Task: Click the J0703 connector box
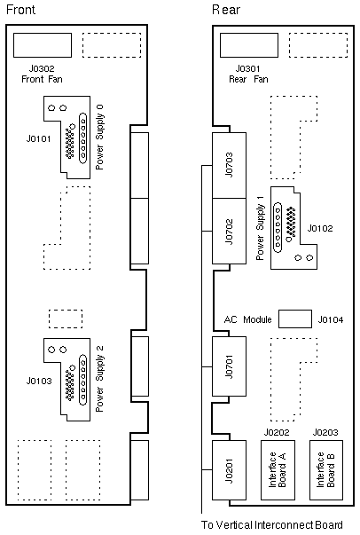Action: [229, 165]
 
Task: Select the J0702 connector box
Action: [229, 231]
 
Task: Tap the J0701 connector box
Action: [229, 366]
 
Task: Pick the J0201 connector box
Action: [229, 470]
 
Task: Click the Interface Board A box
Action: [278, 470]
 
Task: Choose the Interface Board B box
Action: [326, 470]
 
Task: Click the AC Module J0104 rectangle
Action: [295, 319]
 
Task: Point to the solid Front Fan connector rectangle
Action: [43, 45]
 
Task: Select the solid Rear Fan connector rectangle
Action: [249, 45]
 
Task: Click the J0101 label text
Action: [38, 139]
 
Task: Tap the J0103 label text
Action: [39, 381]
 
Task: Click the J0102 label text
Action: [320, 228]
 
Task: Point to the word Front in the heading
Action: [20, 9]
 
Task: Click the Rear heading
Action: [226, 10]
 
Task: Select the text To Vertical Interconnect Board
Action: [271, 524]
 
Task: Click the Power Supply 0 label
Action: [99, 138]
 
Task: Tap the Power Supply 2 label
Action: [99, 379]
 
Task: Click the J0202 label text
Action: [277, 432]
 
